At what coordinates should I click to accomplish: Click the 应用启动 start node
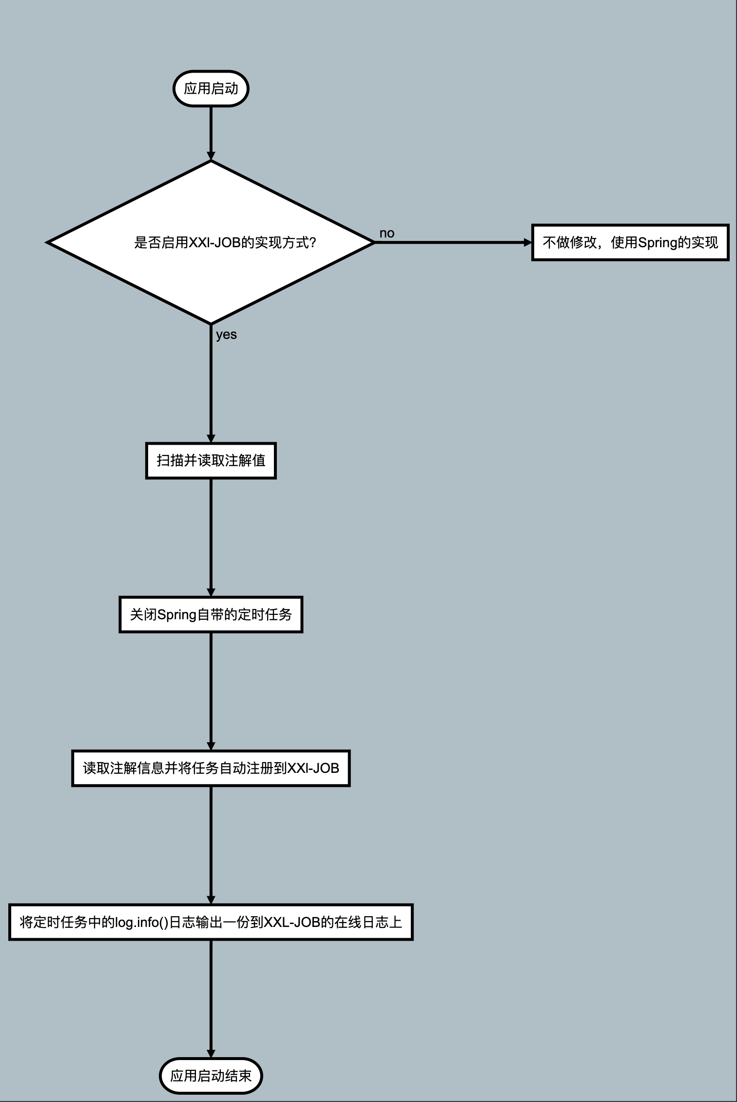(211, 89)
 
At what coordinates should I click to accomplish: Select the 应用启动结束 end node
(211, 1076)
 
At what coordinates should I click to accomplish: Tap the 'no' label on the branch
(387, 233)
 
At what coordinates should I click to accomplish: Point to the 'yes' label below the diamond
(226, 335)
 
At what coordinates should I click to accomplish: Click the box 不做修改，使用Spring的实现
(630, 242)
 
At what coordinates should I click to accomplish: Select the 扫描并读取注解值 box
(211, 460)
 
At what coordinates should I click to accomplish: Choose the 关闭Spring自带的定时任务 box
(211, 614)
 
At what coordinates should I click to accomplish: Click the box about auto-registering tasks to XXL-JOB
(211, 768)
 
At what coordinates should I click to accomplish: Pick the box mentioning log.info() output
(211, 922)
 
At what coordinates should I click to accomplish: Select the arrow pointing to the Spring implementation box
(453, 242)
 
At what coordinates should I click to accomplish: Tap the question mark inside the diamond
(313, 242)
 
